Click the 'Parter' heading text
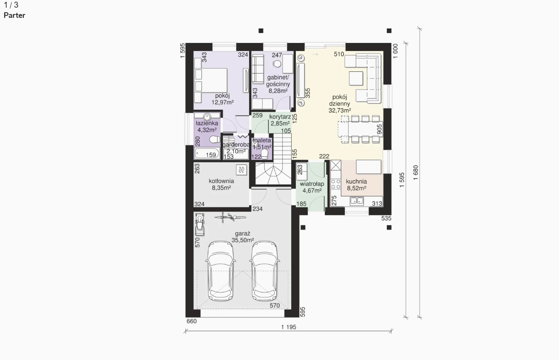tap(14, 15)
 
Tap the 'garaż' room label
tap(243, 234)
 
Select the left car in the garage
tap(221, 271)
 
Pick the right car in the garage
tap(264, 271)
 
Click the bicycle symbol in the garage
tap(230, 217)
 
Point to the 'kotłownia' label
tap(221, 181)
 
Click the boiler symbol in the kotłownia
tap(241, 170)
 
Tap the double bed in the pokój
tap(211, 81)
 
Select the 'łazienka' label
tap(207, 123)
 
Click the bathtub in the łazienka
tap(207, 153)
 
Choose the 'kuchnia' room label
tap(356, 181)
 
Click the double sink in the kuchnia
tap(357, 201)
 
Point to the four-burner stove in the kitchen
tap(336, 184)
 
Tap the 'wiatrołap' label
tap(312, 184)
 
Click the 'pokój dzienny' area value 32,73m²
tap(340, 111)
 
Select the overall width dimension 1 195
tap(289, 327)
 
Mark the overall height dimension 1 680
tap(415, 173)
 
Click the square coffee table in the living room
tap(356, 78)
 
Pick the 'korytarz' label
tap(280, 117)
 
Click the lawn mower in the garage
tap(199, 224)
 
